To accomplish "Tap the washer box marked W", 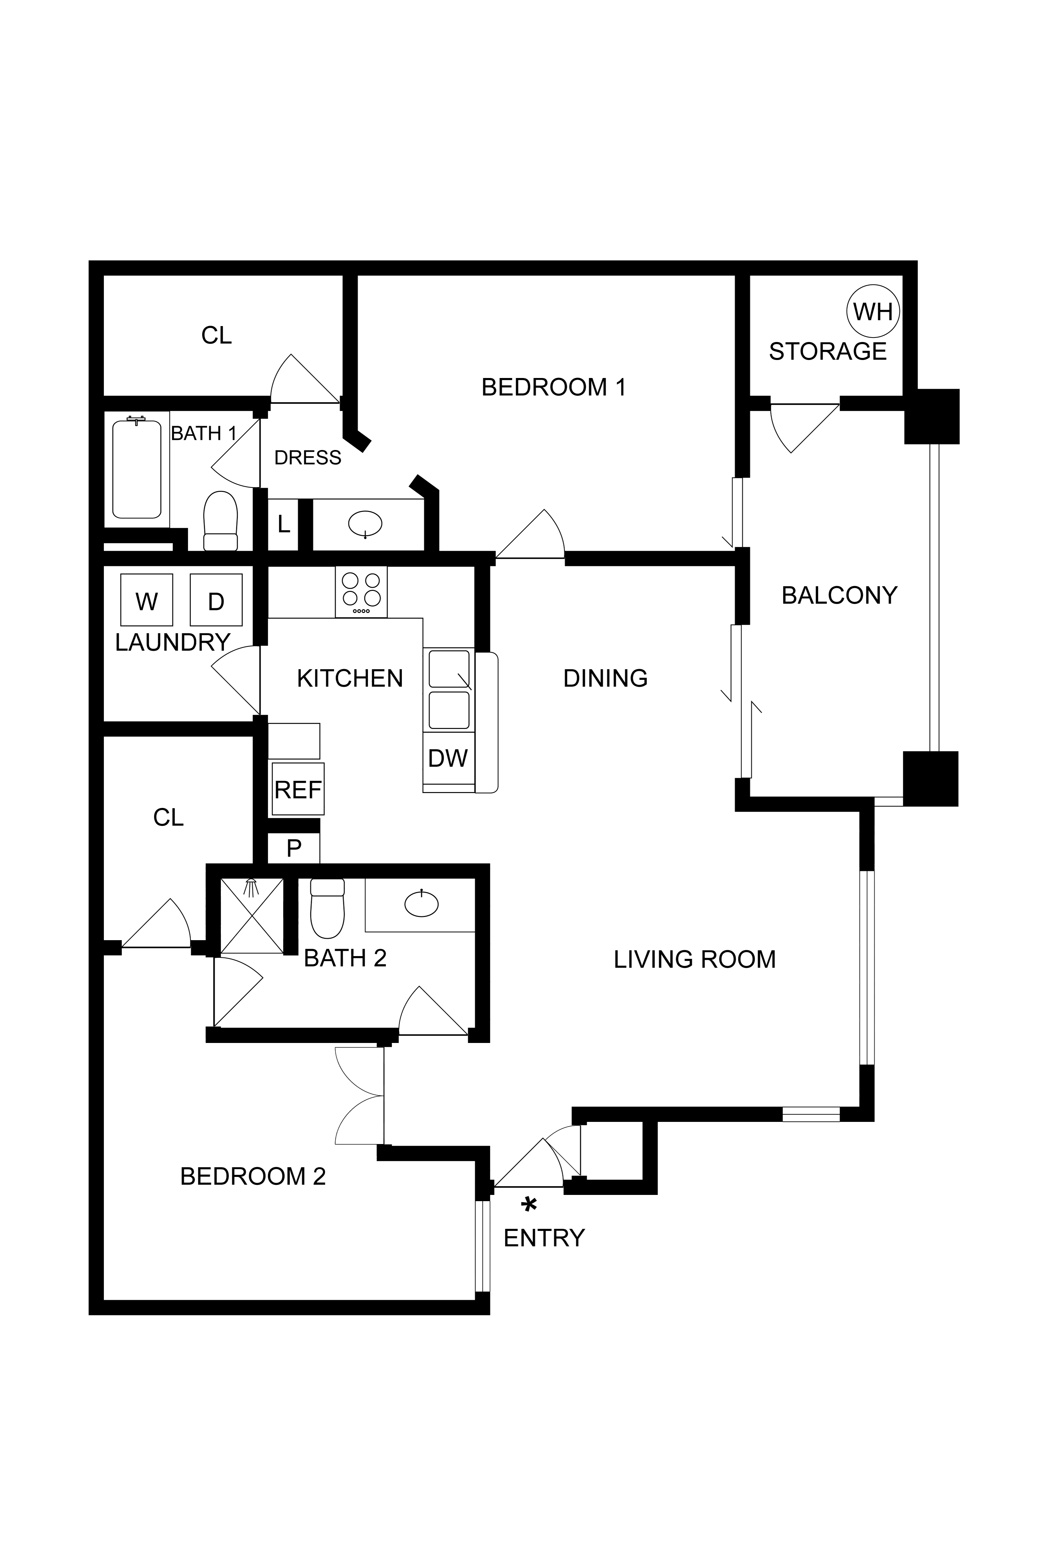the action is pos(146,600).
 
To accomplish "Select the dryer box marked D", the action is pos(216,600).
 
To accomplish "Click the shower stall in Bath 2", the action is pos(252,916).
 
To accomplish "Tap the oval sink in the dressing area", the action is pos(365,524).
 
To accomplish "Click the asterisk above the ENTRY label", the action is pos(529,1205).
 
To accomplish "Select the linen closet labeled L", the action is pos(283,524).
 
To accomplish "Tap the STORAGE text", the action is pos(828,351).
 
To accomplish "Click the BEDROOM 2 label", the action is pos(253,1176).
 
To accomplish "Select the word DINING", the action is pos(605,678).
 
